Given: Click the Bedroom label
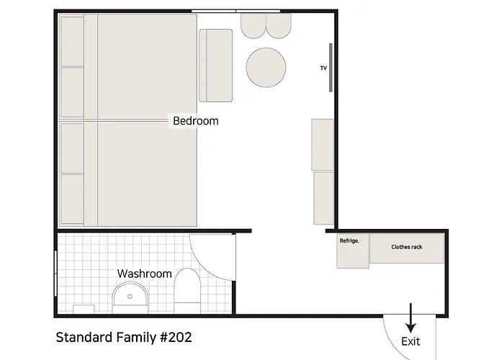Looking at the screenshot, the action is click(x=196, y=121).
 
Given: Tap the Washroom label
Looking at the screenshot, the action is click(x=144, y=274).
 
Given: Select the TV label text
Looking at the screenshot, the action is click(x=323, y=68).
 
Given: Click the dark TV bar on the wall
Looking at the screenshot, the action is click(x=330, y=68).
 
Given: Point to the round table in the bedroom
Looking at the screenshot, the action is click(x=266, y=68).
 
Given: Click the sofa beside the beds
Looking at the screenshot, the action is click(x=216, y=66).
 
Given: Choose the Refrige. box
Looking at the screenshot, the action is click(x=353, y=251).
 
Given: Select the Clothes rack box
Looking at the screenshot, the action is click(x=407, y=248).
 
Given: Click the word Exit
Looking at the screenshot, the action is click(x=410, y=341).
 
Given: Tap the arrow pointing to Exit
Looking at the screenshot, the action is click(x=410, y=318).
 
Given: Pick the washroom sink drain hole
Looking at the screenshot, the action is click(x=130, y=297).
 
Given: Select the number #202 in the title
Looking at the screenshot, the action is click(x=176, y=338).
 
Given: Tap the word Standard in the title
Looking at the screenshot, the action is click(x=84, y=338).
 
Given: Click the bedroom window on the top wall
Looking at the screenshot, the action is click(x=235, y=12).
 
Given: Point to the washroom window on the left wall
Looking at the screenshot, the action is click(x=55, y=273).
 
